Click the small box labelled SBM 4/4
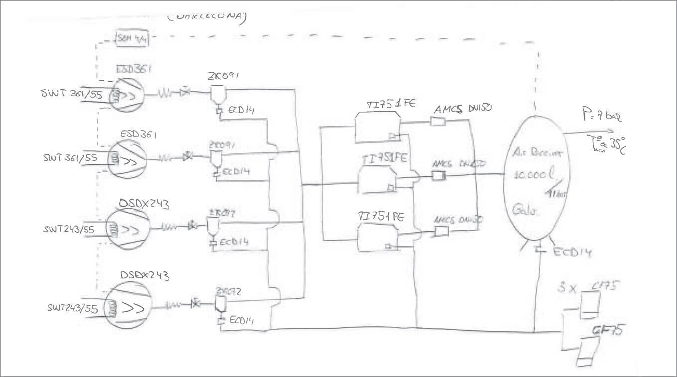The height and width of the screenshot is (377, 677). (x=132, y=38)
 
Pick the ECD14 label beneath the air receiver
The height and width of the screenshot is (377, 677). (x=572, y=252)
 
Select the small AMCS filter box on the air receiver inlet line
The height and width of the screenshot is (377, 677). (x=438, y=175)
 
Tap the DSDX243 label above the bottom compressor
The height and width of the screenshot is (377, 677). (x=145, y=275)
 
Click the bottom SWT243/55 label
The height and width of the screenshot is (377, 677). (x=72, y=308)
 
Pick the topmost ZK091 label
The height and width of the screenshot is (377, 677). (x=223, y=77)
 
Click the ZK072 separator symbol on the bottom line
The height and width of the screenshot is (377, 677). (x=218, y=303)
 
